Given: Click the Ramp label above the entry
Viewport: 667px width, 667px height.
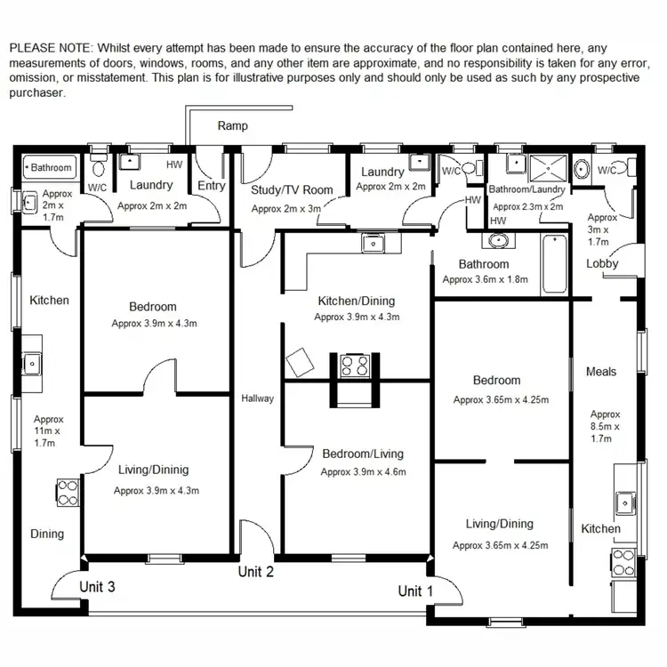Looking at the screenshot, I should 233,126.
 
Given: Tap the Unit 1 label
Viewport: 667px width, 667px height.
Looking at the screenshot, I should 415,591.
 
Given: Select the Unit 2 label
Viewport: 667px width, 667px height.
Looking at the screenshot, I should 255,571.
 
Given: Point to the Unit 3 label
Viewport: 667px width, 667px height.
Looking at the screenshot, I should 97,587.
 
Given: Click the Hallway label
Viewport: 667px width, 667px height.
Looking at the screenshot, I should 258,398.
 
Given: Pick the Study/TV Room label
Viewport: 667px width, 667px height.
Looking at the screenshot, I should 292,189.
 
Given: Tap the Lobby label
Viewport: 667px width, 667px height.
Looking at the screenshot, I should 602,263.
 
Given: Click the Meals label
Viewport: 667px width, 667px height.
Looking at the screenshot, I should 601,372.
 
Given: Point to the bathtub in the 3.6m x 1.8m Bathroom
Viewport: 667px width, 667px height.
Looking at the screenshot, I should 553,263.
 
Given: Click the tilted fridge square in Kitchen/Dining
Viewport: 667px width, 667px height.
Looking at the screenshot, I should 300,363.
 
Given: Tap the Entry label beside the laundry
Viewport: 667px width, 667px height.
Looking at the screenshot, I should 212,186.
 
